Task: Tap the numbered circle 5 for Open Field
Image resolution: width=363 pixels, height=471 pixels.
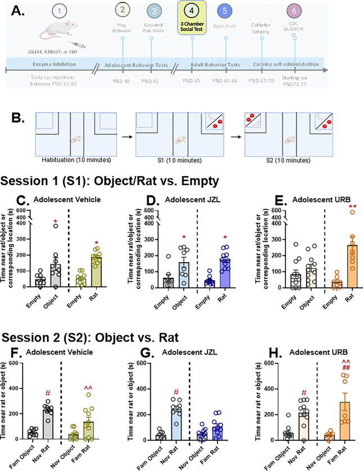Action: point(225,11)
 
